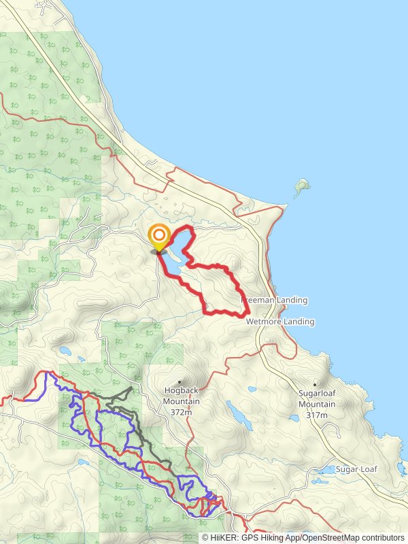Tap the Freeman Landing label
(x=275, y=300)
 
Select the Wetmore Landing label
(x=280, y=321)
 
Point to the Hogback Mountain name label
(x=181, y=391)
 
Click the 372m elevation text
(x=181, y=412)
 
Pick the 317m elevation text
(x=317, y=415)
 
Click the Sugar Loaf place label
(x=360, y=469)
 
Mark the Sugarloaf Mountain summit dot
(x=316, y=384)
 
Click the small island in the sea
(x=301, y=185)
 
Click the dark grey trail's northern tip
(x=131, y=388)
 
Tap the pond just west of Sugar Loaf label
(x=325, y=470)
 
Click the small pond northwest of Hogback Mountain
(x=65, y=351)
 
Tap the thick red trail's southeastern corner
(x=243, y=314)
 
